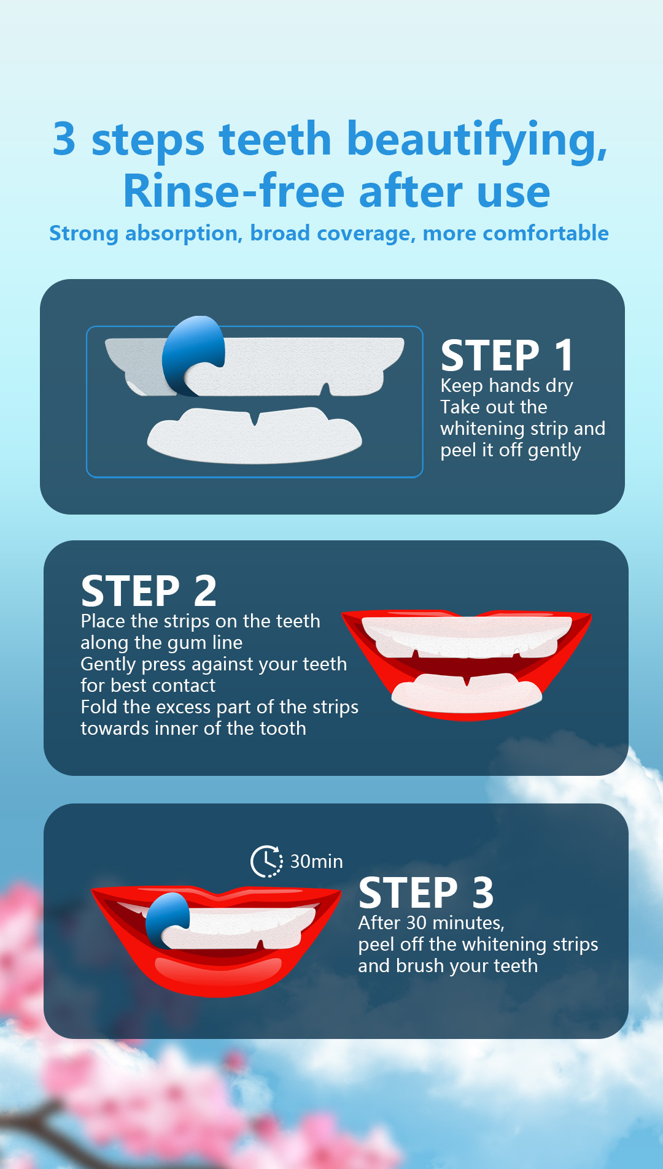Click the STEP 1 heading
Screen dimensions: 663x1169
pyautogui.click(x=507, y=355)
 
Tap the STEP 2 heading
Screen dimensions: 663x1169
pyautogui.click(x=149, y=591)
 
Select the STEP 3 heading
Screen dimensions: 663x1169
pyautogui.click(x=426, y=892)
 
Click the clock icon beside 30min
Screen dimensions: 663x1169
pyautogui.click(x=266, y=861)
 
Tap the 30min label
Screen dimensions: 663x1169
pyautogui.click(x=316, y=861)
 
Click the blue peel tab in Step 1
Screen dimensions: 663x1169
pyautogui.click(x=192, y=355)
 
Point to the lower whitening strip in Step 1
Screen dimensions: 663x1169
pyautogui.click(x=254, y=434)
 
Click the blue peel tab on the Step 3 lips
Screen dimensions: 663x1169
pyautogui.click(x=166, y=919)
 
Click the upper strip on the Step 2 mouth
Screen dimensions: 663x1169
pyautogui.click(x=467, y=635)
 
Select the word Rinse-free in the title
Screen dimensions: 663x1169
pyautogui.click(x=234, y=191)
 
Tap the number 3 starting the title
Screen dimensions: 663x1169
pyautogui.click(x=64, y=139)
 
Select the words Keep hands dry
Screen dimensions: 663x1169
pyautogui.click(x=506, y=386)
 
